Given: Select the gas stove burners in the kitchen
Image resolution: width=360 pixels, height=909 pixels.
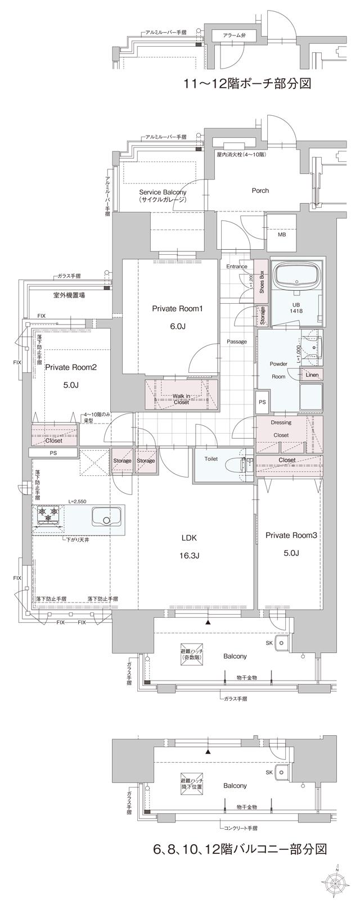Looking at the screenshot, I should pos(48,514).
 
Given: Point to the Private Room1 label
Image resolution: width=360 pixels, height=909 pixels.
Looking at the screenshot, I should pos(177,308).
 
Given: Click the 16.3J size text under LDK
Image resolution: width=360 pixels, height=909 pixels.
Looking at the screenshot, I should pos(190,555).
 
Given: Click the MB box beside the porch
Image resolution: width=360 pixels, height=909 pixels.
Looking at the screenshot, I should pos(281,235).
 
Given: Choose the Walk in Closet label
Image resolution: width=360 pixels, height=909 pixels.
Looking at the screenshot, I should pos(181,399).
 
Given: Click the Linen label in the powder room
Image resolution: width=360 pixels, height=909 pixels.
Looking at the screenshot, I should pos(312,375).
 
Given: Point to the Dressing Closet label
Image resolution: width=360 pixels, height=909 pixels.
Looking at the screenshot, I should pos(281,429).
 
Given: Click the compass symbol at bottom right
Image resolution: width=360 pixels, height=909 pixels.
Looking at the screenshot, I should pos(336,881).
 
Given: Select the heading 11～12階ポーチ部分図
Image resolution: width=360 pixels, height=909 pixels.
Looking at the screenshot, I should pos(247,84).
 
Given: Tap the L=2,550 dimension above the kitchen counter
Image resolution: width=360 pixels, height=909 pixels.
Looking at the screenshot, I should pos(79,501).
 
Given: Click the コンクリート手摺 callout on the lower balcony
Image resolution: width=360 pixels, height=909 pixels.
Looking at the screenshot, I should pos(239,829).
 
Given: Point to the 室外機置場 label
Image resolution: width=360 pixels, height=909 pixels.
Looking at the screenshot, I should pos(69,295).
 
